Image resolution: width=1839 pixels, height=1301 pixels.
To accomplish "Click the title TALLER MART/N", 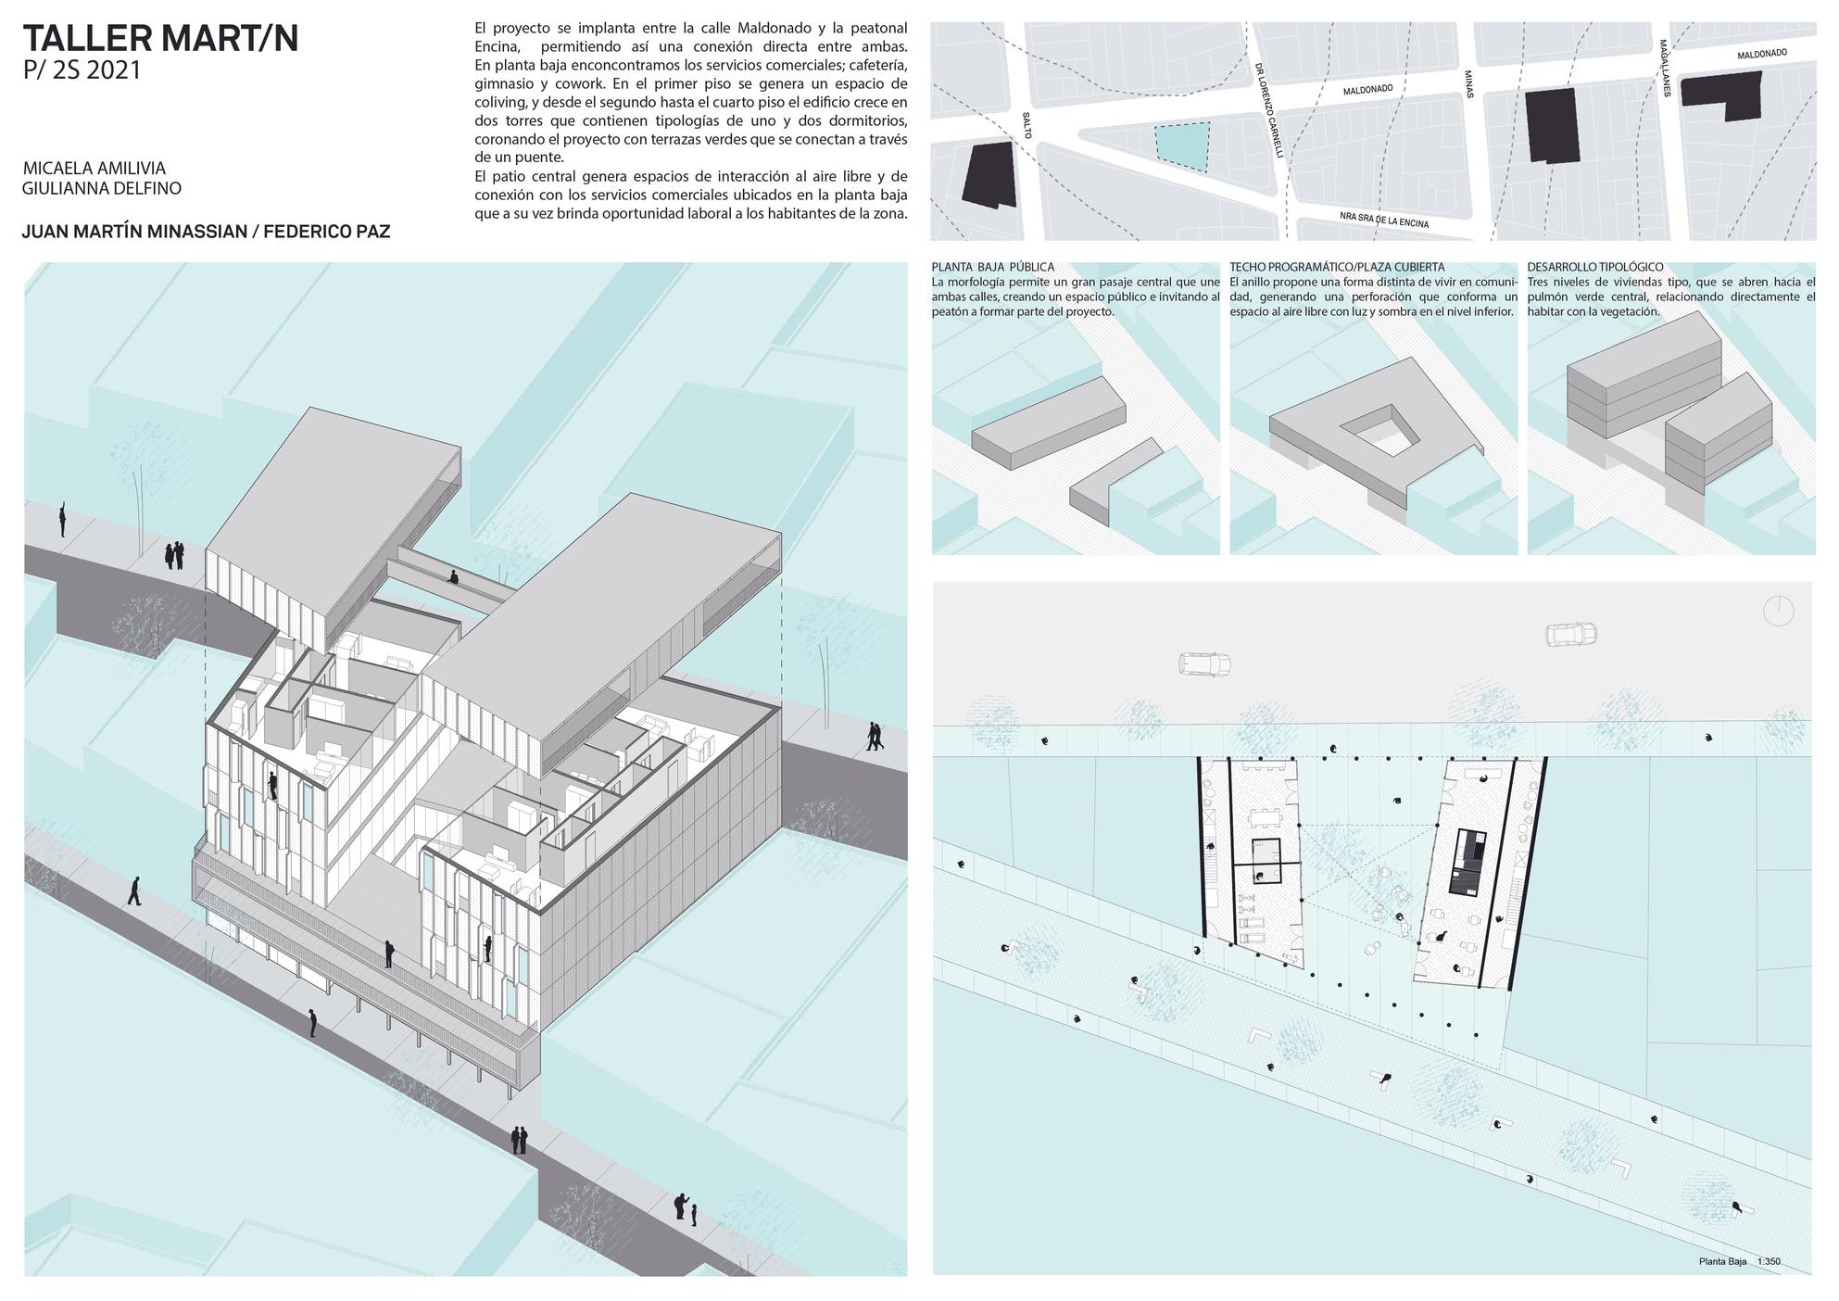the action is click(x=160, y=39).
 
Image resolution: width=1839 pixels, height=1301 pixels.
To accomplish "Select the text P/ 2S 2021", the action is click(x=82, y=70).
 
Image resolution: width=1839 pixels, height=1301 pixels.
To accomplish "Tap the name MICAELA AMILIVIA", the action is click(x=94, y=169).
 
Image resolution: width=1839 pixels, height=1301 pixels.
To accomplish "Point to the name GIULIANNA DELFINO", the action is click(x=101, y=189).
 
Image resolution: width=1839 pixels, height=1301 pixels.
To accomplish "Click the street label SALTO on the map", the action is click(x=1027, y=125).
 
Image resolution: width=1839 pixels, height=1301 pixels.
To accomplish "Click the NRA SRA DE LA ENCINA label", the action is click(x=1384, y=220).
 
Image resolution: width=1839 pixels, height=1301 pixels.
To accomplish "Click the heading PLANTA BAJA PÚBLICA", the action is click(x=992, y=268).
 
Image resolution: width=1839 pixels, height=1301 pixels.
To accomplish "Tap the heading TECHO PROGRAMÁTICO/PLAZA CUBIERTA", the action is click(x=1337, y=268).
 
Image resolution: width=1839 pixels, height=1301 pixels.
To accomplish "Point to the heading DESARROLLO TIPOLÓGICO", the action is click(x=1594, y=268).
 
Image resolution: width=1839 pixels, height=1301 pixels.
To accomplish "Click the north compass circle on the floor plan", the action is click(x=1779, y=611).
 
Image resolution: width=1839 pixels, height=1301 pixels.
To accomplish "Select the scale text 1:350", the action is click(x=1769, y=1261).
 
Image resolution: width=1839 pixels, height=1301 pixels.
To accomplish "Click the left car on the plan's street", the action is click(x=1204, y=663).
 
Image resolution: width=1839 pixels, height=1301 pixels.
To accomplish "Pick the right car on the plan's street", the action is click(x=1571, y=635).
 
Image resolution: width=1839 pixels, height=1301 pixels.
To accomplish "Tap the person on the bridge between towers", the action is click(x=453, y=577).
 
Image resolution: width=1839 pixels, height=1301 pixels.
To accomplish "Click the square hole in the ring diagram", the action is click(x=1379, y=431).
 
